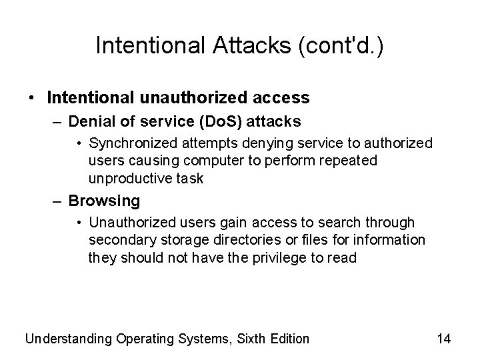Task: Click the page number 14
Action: [444, 339]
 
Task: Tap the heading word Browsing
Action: [104, 200]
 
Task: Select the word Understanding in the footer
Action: [69, 339]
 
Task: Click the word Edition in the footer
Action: [287, 339]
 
